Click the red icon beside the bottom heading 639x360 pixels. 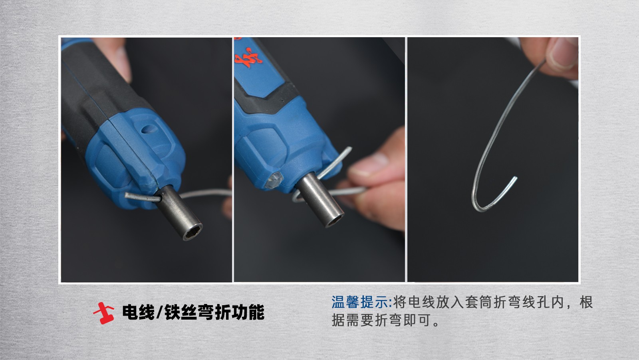[104, 313]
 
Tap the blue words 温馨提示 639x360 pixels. [360, 302]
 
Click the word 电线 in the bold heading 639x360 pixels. [138, 312]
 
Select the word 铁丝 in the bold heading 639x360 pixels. [181, 312]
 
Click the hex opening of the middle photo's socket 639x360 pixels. [335, 220]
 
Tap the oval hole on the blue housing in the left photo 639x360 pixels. [149, 129]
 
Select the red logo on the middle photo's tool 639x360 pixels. [248, 58]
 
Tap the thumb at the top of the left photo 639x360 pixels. [115, 57]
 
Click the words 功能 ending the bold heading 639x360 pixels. [248, 312]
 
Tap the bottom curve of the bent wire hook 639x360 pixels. [481, 208]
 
